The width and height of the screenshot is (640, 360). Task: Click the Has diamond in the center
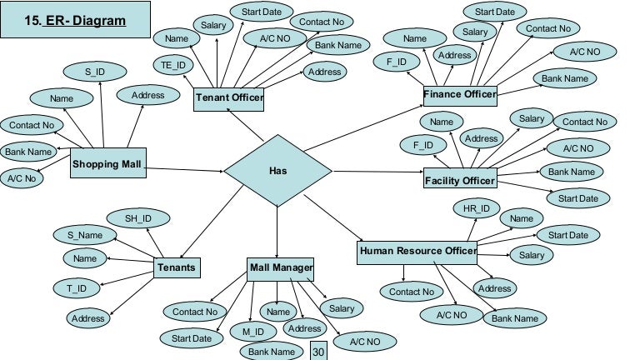point(277,171)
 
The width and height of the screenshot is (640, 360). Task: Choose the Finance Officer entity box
point(459,95)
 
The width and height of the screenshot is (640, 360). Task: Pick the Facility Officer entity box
point(460,180)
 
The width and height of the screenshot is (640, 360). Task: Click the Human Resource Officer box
point(417,251)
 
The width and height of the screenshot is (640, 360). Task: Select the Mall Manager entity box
point(281,267)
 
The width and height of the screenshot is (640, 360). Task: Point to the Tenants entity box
point(177,267)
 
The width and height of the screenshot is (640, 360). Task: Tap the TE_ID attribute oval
point(173,65)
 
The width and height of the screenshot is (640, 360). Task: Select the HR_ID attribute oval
point(477,207)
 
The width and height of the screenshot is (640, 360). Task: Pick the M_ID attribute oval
point(253,332)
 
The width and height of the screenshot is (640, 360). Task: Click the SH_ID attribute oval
point(138,219)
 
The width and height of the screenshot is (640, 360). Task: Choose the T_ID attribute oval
point(77,288)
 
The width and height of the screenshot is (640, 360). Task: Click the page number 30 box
point(317,351)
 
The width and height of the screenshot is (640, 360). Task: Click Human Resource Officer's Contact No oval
point(411,292)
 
